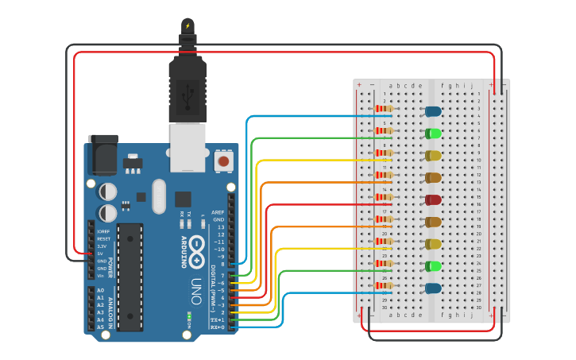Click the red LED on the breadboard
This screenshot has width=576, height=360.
pos(433,199)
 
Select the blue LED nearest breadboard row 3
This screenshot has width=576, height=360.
pos(433,111)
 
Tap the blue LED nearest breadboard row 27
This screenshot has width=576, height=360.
pos(433,288)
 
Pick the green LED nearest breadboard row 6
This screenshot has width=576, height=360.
pos(433,134)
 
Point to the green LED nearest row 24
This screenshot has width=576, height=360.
pos(433,266)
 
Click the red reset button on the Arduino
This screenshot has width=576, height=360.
pos(223,161)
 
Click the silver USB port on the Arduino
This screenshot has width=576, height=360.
pos(188,146)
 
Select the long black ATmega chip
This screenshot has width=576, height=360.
pos(130,277)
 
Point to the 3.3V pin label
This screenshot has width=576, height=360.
pos(102,246)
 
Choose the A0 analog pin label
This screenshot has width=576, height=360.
pos(100,290)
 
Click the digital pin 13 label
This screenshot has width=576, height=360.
pos(220,227)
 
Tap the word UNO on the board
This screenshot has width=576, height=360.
pos(196,290)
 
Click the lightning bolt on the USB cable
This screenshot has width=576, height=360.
pos(187,25)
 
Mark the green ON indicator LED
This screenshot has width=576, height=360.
pos(189,316)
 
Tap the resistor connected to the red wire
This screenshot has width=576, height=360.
pos(385,197)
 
